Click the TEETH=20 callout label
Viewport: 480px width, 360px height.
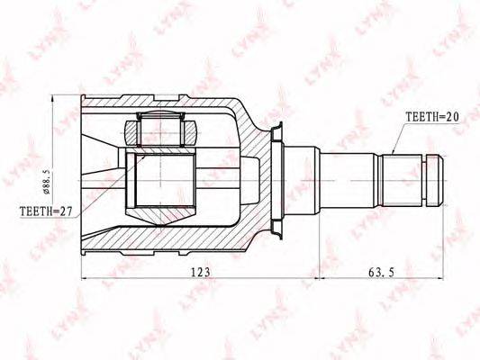coord(432,117)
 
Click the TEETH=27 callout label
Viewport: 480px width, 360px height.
coord(46,211)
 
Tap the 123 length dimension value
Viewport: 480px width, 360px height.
coord(201,272)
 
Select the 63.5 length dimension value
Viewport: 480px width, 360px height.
coord(381,272)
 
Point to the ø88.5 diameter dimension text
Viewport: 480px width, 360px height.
coord(47,181)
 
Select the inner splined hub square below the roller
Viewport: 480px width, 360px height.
coord(160,180)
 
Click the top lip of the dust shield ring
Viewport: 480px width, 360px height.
coord(277,130)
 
